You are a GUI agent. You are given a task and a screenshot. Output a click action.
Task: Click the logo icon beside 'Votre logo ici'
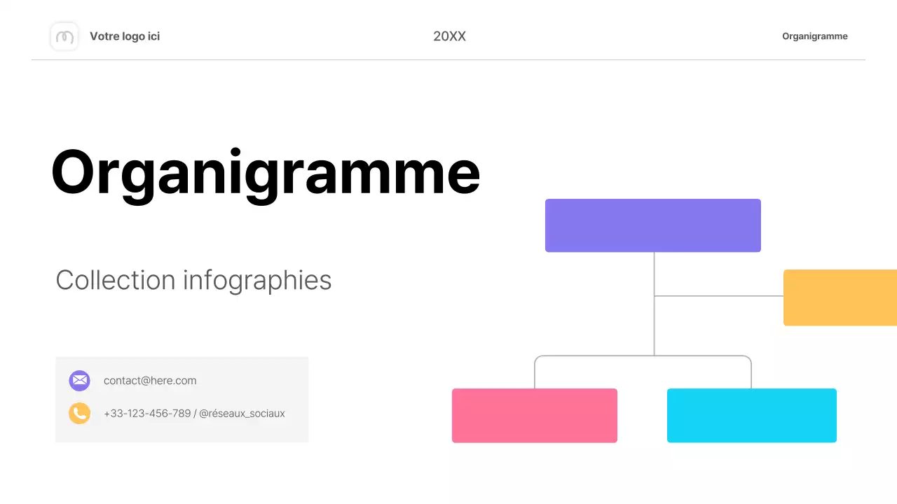point(64,36)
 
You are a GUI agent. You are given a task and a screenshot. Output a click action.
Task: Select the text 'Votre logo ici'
point(125,36)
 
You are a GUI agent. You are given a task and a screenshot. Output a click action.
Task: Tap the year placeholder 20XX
point(449,36)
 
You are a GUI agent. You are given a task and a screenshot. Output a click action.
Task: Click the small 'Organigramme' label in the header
point(814,36)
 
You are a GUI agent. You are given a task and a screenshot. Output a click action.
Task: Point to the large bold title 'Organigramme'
point(265,173)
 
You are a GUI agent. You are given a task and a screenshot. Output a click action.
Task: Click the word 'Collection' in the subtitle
point(115,280)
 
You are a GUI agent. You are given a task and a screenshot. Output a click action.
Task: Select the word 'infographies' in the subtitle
point(257,281)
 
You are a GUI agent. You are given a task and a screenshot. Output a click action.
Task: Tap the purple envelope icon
point(79,381)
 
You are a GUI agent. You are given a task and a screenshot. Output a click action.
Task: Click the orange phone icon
point(79,413)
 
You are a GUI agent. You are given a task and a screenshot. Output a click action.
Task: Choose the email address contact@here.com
point(150,381)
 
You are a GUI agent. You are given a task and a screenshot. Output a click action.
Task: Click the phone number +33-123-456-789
point(147,414)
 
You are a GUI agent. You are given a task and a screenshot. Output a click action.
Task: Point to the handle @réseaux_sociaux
point(242,414)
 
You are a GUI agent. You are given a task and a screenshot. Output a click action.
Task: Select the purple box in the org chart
point(652,225)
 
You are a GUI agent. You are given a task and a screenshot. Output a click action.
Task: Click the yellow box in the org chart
point(840,297)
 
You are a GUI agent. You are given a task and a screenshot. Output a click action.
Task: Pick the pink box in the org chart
point(534,415)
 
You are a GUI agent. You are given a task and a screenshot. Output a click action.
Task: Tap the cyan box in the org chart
point(751,415)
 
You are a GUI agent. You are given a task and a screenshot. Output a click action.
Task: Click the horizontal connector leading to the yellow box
point(718,296)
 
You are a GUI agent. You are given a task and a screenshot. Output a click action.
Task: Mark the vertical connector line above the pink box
point(535,374)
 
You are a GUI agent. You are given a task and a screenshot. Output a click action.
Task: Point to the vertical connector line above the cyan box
point(751,374)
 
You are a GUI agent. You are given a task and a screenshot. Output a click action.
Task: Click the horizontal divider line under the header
point(448,60)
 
